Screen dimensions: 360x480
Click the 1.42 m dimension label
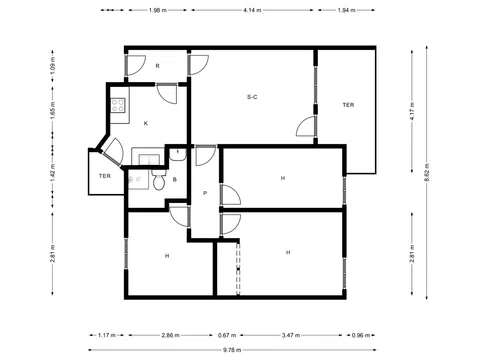coord(52,172)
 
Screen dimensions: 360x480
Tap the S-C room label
coord(253,97)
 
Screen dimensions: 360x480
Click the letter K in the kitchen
coord(146,122)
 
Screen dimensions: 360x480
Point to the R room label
coord(157,66)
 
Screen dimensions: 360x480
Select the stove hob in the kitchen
coord(118,103)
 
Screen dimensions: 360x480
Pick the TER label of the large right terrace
coord(347,105)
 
